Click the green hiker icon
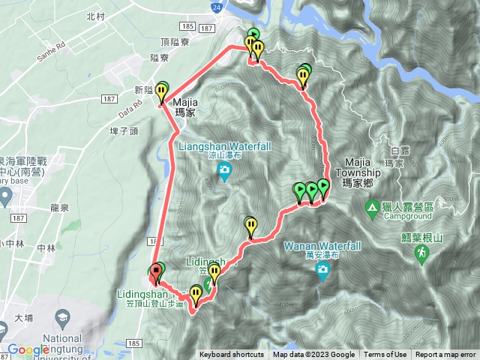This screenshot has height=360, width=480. point(422,255)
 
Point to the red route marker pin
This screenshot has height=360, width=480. point(156,271)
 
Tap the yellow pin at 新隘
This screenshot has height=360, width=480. point(161,92)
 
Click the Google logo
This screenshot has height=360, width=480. point(28,349)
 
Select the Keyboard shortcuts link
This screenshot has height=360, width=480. point(231,355)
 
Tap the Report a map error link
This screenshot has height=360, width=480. point(445,355)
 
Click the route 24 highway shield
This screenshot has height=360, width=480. point(217,7)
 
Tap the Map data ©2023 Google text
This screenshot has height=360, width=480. point(314,355)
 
